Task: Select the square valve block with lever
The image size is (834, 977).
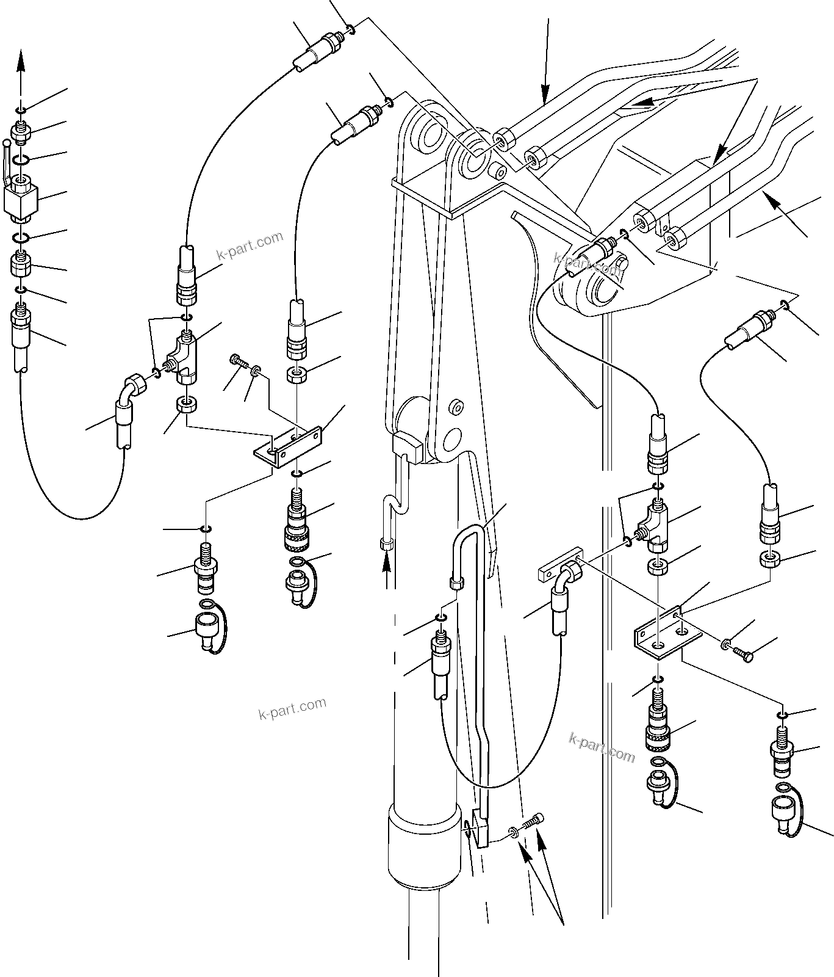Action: (20, 199)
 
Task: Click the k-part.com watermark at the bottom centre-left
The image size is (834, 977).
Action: (292, 708)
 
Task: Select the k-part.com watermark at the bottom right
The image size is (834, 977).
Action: (602, 747)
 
